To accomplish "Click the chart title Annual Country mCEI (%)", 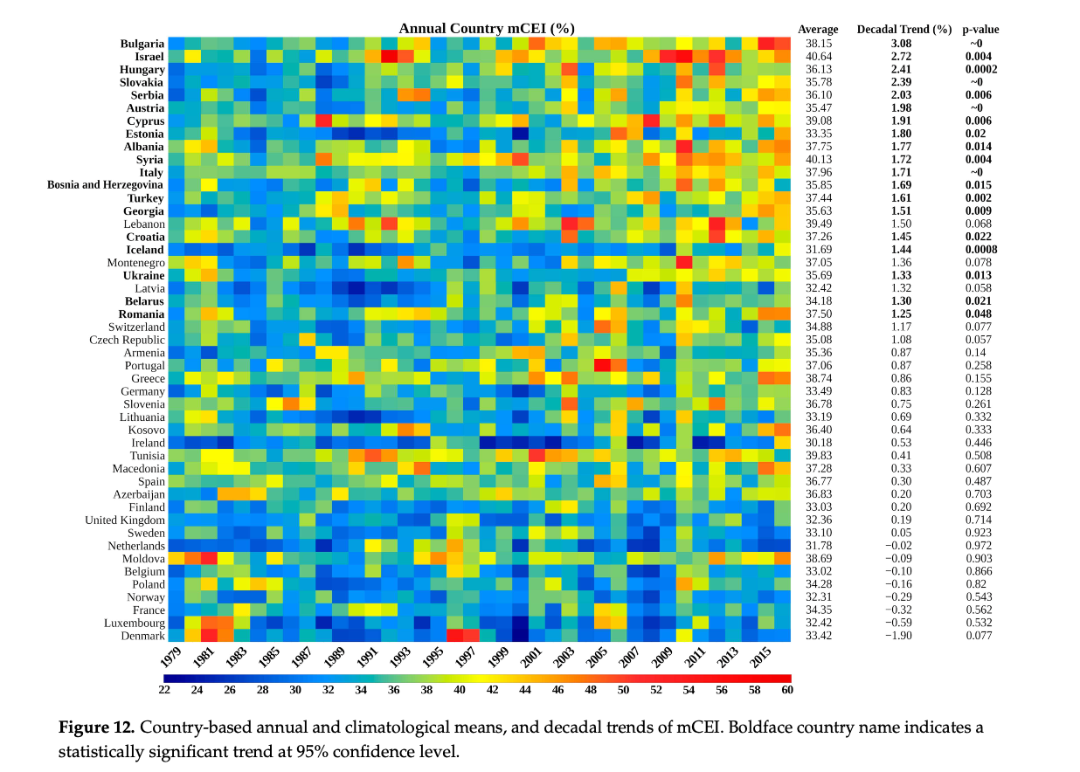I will pyautogui.click(x=487, y=29).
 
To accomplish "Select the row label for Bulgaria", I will pyautogui.click(x=142, y=44).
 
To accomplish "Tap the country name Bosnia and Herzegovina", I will pyautogui.click(x=106, y=185).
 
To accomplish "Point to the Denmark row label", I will pyautogui.click(x=142, y=635).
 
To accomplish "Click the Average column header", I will pyautogui.click(x=818, y=30).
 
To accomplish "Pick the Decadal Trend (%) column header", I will pyautogui.click(x=903, y=30).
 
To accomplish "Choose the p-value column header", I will pyautogui.click(x=980, y=30).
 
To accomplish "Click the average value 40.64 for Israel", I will pyautogui.click(x=819, y=57).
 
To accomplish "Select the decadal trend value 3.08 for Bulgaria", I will pyautogui.click(x=901, y=44).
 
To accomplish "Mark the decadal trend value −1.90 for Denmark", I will pyautogui.click(x=899, y=635).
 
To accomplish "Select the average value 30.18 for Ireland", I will pyautogui.click(x=819, y=442).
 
